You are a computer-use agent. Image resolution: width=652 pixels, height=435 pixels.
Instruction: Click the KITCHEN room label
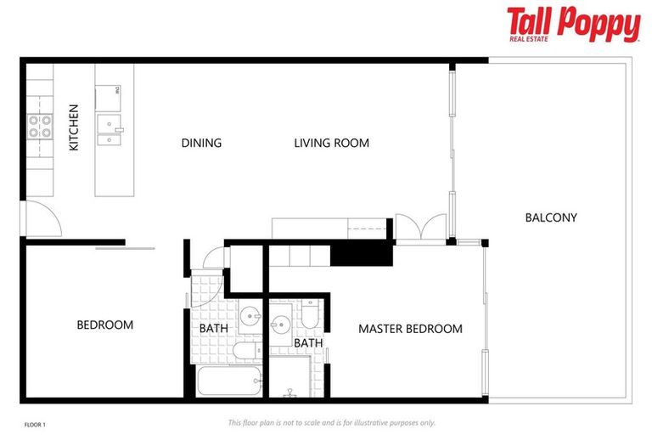point(74,127)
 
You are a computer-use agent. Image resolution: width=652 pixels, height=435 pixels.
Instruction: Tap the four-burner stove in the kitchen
point(39,127)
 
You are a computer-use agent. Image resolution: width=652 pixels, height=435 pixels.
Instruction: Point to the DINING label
point(201,143)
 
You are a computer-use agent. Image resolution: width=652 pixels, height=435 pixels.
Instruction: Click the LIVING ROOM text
point(331,143)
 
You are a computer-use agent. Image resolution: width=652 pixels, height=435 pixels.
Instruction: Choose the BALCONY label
point(550,217)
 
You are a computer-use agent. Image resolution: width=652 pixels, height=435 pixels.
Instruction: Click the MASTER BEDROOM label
point(410,329)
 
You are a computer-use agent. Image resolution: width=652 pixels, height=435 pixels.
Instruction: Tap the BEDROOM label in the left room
point(104,325)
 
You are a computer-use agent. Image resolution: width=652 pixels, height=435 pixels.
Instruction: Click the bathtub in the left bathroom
point(228,380)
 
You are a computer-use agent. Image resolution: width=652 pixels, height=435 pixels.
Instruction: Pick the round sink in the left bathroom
point(250,319)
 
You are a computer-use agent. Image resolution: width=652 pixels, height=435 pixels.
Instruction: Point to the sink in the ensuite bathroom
point(282,325)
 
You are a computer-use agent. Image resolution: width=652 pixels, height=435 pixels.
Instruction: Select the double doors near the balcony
point(421,228)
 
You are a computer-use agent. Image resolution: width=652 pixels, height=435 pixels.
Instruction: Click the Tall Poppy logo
point(573,25)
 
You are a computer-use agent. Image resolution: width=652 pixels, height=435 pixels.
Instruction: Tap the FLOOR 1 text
point(35,423)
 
